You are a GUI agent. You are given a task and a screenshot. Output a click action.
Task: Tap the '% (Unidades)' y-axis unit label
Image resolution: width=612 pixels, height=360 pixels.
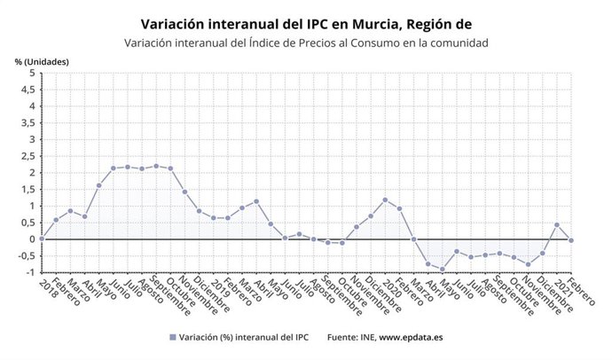tap(42, 61)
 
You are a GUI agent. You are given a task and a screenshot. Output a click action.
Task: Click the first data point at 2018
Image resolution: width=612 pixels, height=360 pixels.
tap(42, 239)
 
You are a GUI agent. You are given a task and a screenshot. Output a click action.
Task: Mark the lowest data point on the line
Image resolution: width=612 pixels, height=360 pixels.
tap(443, 270)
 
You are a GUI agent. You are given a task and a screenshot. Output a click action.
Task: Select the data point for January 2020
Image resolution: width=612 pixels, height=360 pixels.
tap(385, 200)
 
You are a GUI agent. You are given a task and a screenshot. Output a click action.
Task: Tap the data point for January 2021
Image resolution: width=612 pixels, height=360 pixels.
tap(557, 225)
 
